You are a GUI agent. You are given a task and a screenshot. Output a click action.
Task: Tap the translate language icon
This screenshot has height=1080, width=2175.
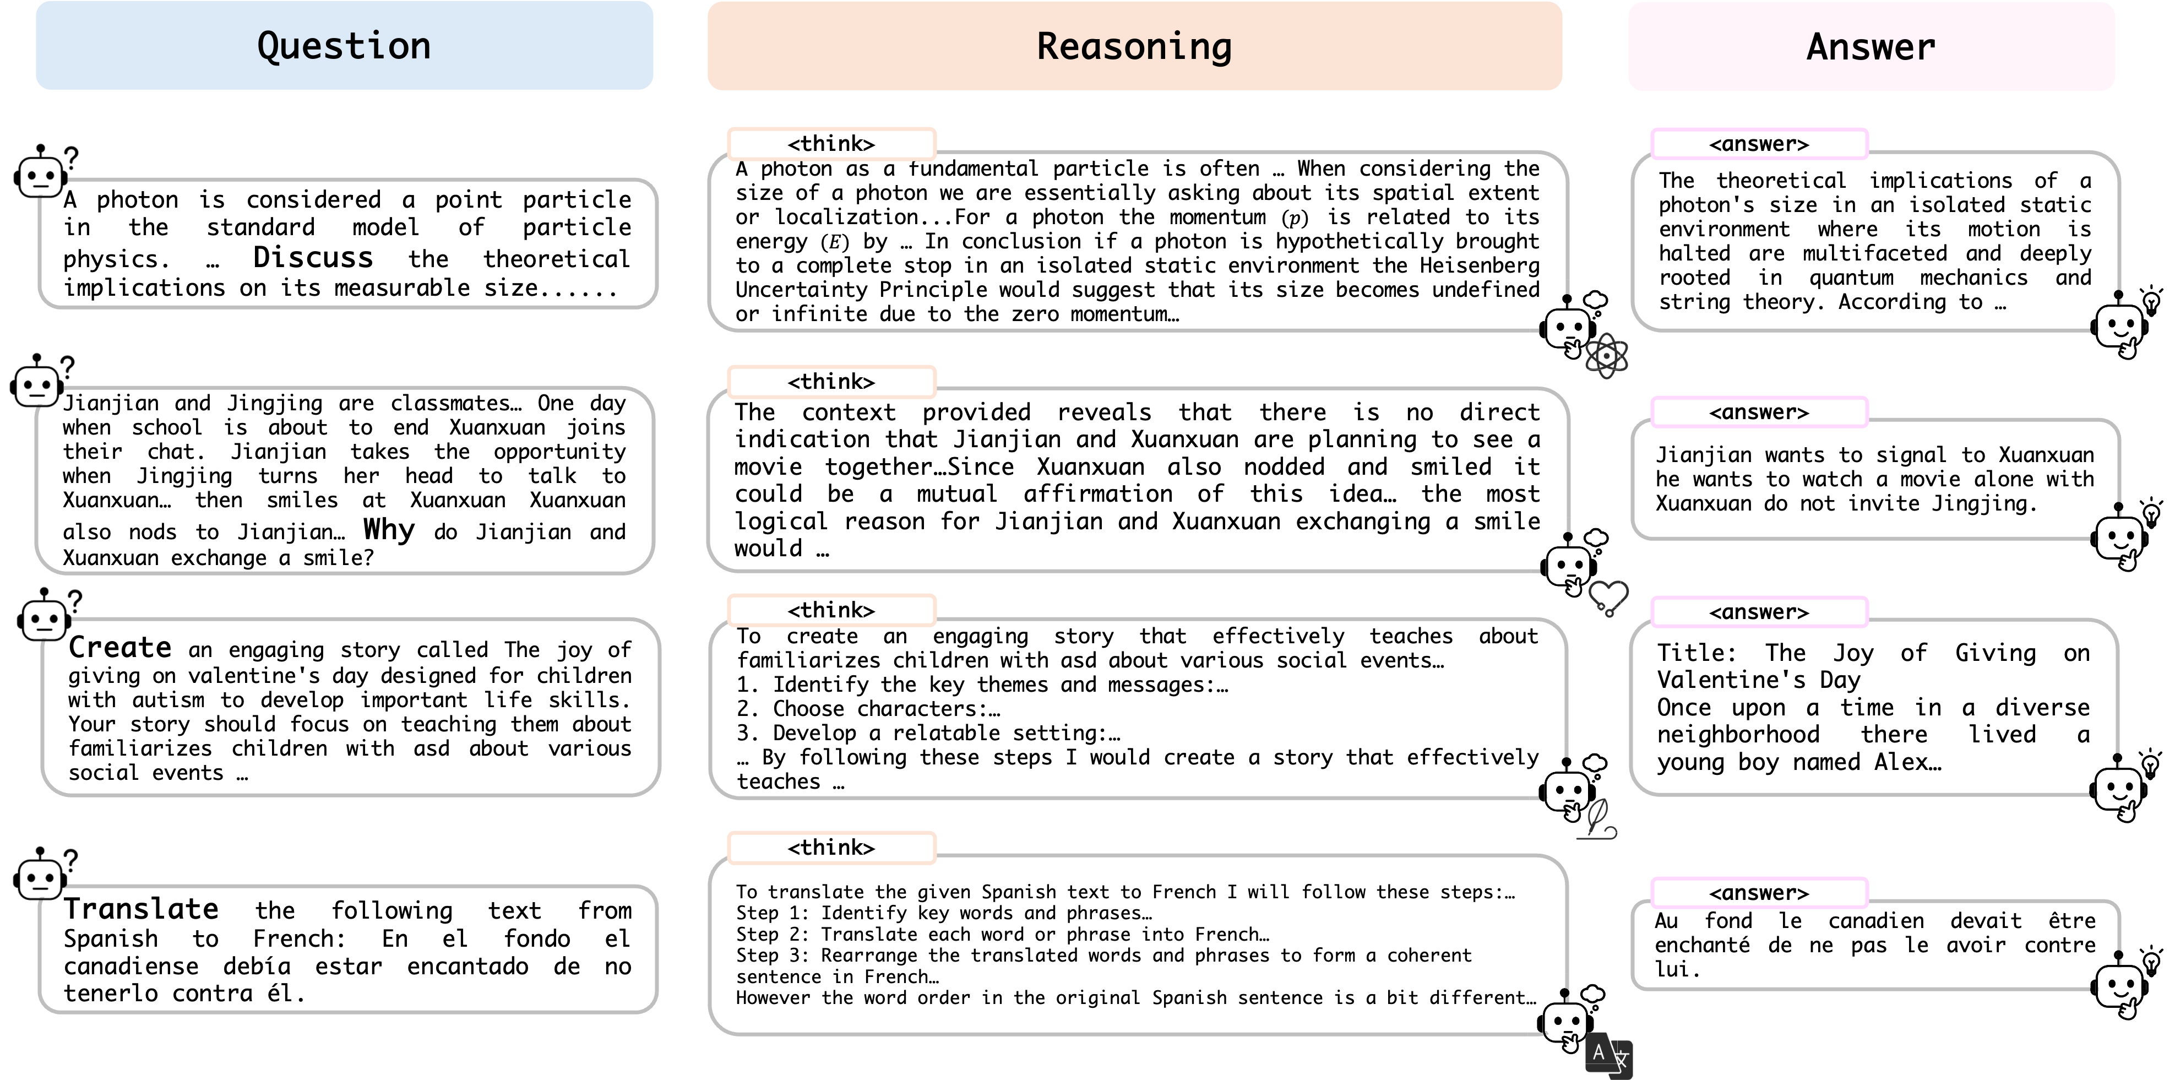click(1608, 1056)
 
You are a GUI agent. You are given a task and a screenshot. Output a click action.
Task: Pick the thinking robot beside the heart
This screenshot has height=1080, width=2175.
click(1567, 564)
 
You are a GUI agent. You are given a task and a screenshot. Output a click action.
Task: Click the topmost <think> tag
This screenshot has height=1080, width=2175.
click(831, 144)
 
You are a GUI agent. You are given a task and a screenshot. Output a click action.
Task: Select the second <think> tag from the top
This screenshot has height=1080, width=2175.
click(831, 382)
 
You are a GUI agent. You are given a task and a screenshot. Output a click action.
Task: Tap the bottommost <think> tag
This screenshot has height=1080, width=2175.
click(831, 847)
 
